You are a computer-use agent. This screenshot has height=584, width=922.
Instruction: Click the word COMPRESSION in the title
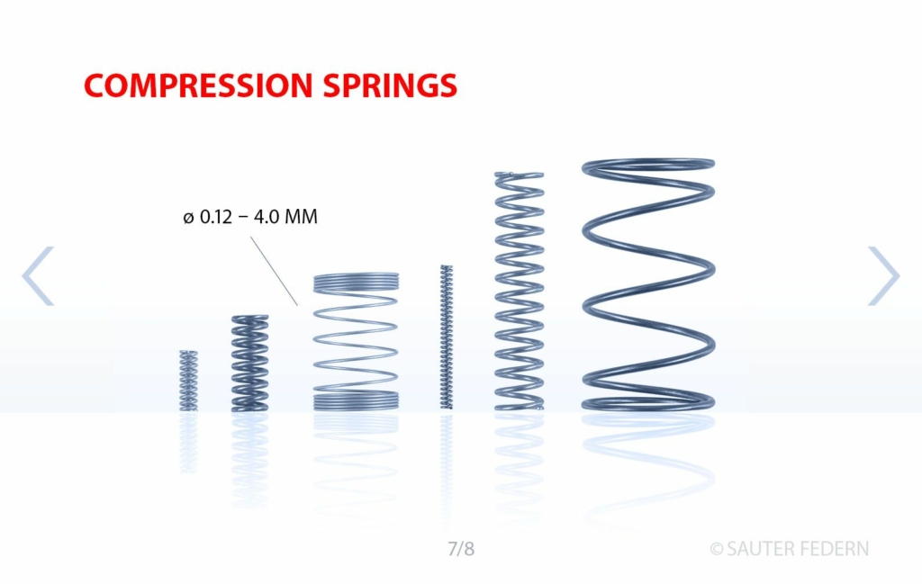click(x=198, y=85)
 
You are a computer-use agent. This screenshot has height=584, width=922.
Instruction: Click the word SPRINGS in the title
click(x=390, y=85)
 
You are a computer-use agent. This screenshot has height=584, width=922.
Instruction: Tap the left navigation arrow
click(x=38, y=275)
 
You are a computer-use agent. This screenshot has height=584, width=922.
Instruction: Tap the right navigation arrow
click(x=884, y=275)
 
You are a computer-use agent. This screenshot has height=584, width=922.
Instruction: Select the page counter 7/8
click(x=461, y=549)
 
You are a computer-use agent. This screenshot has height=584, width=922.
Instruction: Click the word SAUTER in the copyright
click(x=759, y=549)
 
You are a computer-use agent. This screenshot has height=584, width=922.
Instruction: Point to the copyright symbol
click(x=716, y=549)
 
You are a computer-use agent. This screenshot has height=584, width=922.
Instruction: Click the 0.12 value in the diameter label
click(x=216, y=217)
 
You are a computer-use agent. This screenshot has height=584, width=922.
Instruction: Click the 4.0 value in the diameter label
click(x=267, y=217)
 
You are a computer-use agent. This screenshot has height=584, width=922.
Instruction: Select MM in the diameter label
click(x=301, y=217)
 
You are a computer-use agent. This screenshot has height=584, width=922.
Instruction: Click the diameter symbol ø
click(x=188, y=218)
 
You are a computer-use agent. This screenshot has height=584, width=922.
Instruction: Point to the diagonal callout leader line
click(x=274, y=272)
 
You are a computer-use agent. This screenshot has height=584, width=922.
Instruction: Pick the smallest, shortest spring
click(x=188, y=380)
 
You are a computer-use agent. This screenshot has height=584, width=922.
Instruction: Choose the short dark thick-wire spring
click(x=250, y=364)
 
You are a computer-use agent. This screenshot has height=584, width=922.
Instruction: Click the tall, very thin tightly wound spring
click(x=447, y=337)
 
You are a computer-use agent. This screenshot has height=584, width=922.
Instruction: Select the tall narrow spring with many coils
click(x=520, y=291)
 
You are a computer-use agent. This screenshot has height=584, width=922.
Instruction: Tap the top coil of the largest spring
click(x=648, y=166)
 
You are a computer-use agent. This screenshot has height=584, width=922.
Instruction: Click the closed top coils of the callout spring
click(x=357, y=283)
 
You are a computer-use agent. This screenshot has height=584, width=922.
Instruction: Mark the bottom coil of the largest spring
click(x=648, y=403)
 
